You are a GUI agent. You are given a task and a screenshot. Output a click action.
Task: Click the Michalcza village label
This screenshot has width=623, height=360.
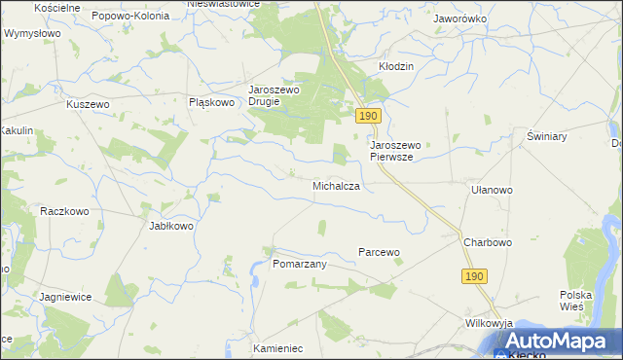pos(337,185)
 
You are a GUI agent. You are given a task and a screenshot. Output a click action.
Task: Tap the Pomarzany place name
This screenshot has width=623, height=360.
pos(299,264)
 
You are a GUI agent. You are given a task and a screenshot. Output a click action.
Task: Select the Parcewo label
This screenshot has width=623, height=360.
pos(379,252)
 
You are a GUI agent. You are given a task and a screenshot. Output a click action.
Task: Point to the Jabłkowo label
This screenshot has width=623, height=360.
pos(171,226)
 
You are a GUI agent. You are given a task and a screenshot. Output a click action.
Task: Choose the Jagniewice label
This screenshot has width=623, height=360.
pos(67,296)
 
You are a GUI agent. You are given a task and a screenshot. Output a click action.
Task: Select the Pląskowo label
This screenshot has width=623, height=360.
pos(212,101)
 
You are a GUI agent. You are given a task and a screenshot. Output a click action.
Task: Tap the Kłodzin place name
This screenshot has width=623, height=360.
pos(396,66)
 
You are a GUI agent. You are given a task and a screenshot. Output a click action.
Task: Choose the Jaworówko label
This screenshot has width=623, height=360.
pos(460,18)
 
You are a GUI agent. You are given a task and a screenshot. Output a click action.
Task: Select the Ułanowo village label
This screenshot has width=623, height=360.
pos(491,191)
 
